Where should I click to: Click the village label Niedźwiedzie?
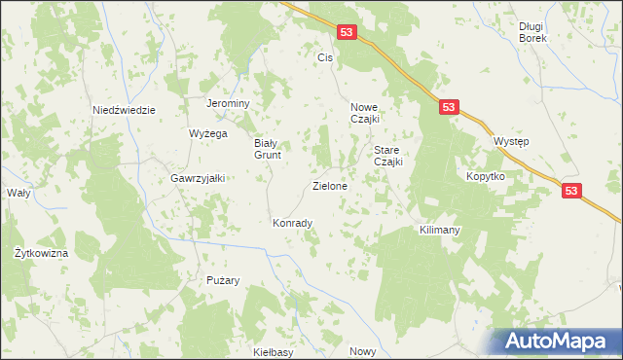tap(124, 110)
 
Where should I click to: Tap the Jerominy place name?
tap(229, 104)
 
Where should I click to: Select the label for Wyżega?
tap(207, 133)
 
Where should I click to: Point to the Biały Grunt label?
tap(261, 148)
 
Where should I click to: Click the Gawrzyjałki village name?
tap(198, 178)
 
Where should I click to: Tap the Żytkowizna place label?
tap(41, 253)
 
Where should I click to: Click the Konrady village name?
tap(292, 223)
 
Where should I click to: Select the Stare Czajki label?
tap(388, 157)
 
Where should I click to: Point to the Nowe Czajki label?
tap(370, 113)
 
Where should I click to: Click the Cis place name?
tap(325, 58)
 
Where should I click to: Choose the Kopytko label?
tap(485, 177)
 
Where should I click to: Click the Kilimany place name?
tap(439, 231)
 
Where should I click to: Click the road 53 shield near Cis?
tap(348, 33)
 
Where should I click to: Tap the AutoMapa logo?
tap(557, 340)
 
